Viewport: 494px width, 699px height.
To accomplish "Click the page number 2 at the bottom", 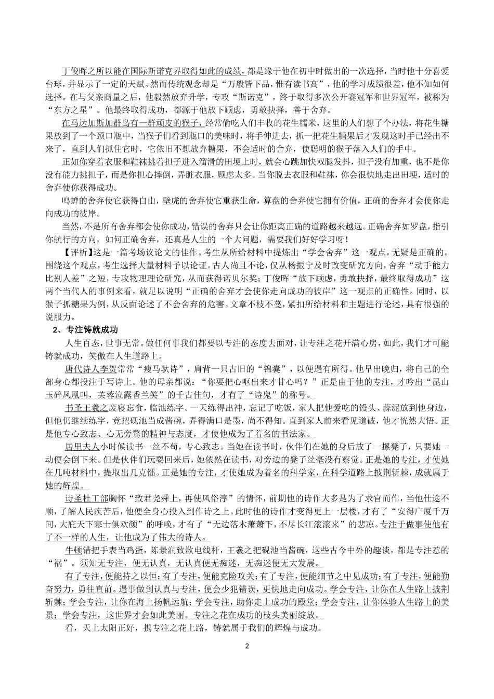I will [x=247, y=646].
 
